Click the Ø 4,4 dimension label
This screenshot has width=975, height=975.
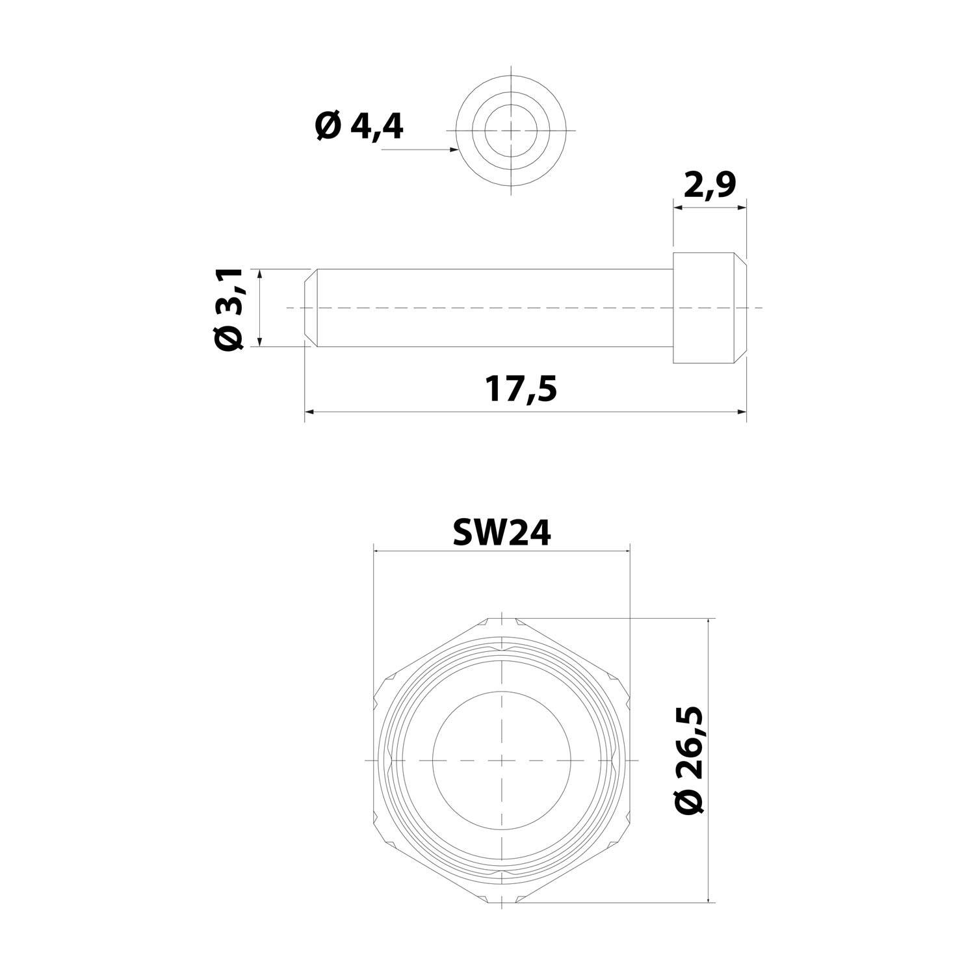coord(359,126)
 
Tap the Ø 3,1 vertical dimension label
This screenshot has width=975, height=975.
coord(229,308)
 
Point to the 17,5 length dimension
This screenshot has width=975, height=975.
coord(521,389)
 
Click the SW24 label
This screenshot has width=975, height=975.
coord(501,533)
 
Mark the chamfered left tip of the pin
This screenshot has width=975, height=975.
coord(311,307)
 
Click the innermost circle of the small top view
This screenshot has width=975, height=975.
coord(512,129)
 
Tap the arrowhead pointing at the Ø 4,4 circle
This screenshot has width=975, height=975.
coord(454,149)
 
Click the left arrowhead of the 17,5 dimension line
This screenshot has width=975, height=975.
coord(309,411)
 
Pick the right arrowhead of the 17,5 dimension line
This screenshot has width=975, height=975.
coord(741,411)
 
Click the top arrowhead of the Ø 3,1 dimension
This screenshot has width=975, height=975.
coord(259,274)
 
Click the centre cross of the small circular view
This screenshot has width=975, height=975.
coord(512,130)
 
